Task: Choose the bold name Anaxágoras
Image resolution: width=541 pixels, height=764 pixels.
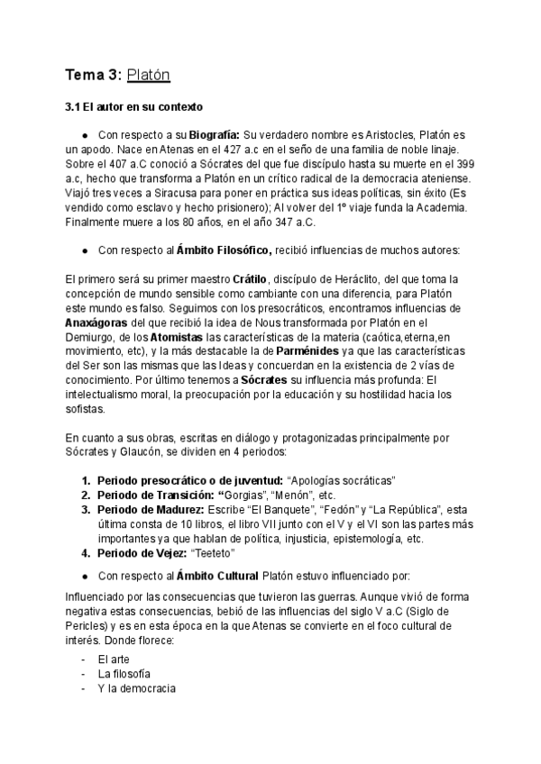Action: pos(102,323)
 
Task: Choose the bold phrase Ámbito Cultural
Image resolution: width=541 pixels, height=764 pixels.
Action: pos(219,574)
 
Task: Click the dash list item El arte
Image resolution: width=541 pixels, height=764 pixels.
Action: pos(114,659)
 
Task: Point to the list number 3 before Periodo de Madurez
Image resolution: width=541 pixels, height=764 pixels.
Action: pos(86,510)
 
